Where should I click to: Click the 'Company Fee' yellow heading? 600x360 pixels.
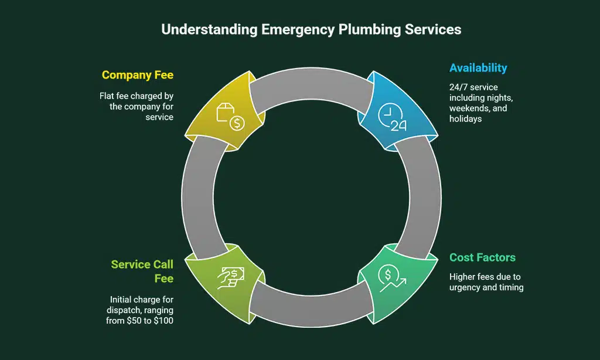[x=137, y=75]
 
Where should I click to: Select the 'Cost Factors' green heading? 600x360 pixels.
[x=482, y=257]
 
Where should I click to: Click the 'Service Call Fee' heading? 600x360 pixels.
[x=142, y=271]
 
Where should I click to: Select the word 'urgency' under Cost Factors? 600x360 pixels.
[x=466, y=287]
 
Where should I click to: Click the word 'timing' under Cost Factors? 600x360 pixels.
[x=511, y=287]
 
